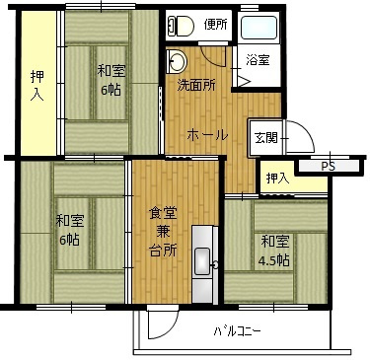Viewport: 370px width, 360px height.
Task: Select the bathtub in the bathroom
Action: pyautogui.click(x=259, y=28)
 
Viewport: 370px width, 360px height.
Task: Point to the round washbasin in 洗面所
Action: pyautogui.click(x=179, y=60)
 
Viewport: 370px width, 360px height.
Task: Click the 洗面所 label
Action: pyautogui.click(x=196, y=86)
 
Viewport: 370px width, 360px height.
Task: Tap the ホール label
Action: pyautogui.click(x=208, y=135)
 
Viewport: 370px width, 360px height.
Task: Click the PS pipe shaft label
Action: pyautogui.click(x=328, y=167)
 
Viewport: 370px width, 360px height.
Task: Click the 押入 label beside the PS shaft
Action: pyautogui.click(x=277, y=179)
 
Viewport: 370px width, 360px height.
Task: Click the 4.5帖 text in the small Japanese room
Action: pyautogui.click(x=275, y=260)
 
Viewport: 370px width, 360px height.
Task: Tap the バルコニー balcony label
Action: pyautogui.click(x=237, y=331)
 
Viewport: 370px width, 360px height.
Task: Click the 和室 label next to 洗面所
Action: pyautogui.click(x=110, y=70)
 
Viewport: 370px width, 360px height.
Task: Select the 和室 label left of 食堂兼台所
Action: pyautogui.click(x=68, y=220)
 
